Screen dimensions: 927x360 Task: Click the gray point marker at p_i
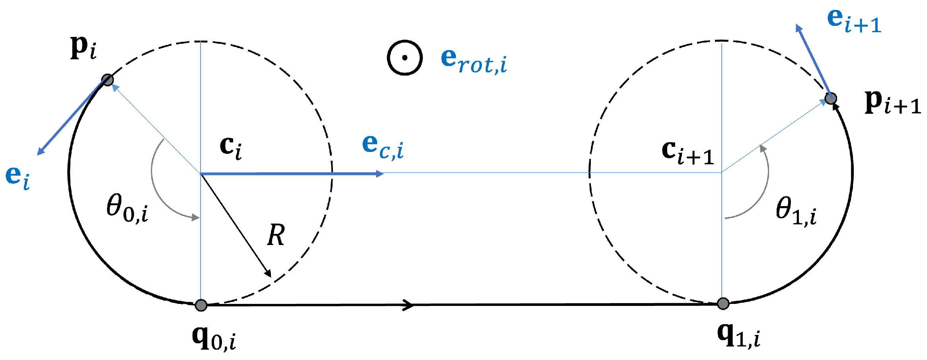pyautogui.click(x=107, y=80)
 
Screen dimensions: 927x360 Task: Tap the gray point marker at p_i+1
pyautogui.click(x=830, y=98)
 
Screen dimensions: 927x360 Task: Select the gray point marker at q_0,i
pyautogui.click(x=201, y=305)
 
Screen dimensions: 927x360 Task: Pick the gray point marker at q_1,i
pyautogui.click(x=723, y=304)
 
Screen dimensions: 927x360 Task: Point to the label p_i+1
pyautogui.click(x=892, y=102)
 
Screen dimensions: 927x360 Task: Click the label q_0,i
pyautogui.click(x=214, y=338)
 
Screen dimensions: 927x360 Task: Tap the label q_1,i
pyautogui.click(x=738, y=336)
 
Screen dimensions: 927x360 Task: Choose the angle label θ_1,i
pyautogui.click(x=796, y=212)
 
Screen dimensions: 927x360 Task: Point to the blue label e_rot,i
pyautogui.click(x=473, y=61)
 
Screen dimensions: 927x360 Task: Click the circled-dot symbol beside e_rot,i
pyautogui.click(x=405, y=58)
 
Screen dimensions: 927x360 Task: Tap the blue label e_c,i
pyautogui.click(x=383, y=147)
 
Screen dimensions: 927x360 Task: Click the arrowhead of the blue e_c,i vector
pyautogui.click(x=380, y=174)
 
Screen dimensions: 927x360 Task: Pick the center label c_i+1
pyautogui.click(x=687, y=152)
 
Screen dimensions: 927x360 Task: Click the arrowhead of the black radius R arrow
pyautogui.click(x=269, y=274)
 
